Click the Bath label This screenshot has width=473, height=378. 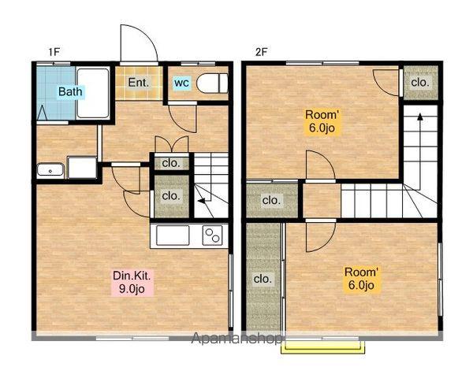pos(70,91)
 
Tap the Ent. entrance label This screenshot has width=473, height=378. pos(139,83)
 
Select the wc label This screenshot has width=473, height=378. pos(181,82)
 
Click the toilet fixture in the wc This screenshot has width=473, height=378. pos(212,83)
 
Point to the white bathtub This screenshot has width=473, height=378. pos(93,93)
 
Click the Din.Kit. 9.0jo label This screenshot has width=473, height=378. pos(132,282)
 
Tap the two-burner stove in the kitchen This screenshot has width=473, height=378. pos(212,235)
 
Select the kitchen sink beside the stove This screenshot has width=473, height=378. pos(173,235)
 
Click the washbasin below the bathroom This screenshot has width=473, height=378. pos(50,171)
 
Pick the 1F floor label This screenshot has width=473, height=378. pos(54,52)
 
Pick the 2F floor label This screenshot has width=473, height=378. pos(261,52)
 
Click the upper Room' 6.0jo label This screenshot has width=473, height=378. pos(322,121)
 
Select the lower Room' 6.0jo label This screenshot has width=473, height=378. pos(361,279)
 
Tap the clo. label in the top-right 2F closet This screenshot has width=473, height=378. pos(420,82)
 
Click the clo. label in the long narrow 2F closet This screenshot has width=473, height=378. pos(263,279)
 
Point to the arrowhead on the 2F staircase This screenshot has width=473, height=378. pos(419,117)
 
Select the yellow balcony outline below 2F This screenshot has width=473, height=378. pos(323,347)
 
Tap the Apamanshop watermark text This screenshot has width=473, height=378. pos(236,338)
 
